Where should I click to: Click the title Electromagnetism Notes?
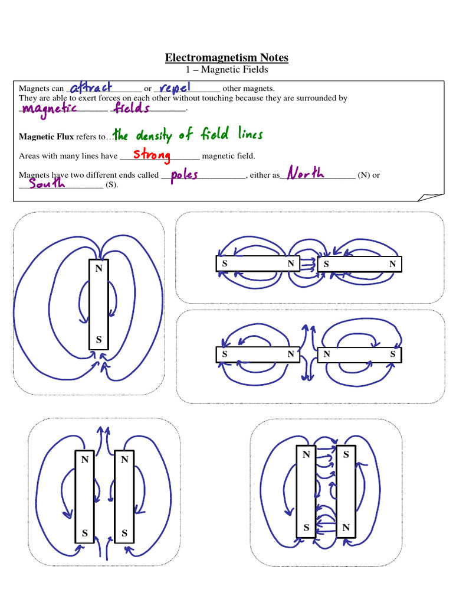[x=226, y=57]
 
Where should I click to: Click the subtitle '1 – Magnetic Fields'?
[x=226, y=70]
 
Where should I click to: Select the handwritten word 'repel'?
[x=178, y=87]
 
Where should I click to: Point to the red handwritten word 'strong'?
[x=152, y=155]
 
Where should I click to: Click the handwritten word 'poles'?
[x=184, y=175]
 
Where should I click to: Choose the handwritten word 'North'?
[x=305, y=173]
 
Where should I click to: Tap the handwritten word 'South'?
[x=47, y=185]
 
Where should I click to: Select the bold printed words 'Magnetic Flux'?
[x=46, y=136]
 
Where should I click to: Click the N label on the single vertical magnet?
[x=99, y=268]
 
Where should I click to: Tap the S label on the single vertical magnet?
[x=99, y=340]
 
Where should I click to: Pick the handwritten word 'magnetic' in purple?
[x=48, y=109]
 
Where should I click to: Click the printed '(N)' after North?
[x=363, y=175]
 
